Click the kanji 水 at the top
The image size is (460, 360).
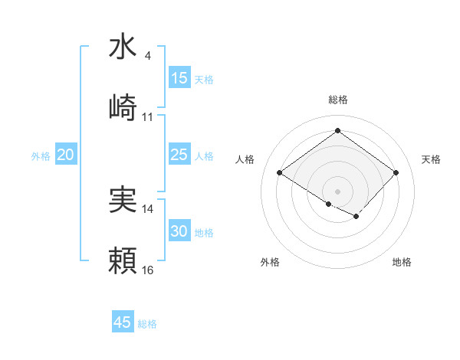123,48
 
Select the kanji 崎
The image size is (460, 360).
123,108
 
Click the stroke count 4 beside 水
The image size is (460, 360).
147,56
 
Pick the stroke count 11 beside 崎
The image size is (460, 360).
148,117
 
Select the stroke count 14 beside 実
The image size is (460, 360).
148,208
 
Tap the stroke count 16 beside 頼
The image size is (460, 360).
148,270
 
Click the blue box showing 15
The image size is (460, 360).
179,78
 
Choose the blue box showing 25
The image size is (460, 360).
179,155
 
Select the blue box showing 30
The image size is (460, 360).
179,231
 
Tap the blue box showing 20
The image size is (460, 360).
65,155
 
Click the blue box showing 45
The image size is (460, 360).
123,322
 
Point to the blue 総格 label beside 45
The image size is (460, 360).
147,324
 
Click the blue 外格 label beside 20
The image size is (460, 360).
41,156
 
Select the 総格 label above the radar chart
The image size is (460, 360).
337,100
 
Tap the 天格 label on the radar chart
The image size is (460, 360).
431,159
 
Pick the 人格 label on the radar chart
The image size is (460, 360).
245,159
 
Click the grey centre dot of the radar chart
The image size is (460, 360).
337,191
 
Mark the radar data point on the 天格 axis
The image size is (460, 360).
396,172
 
